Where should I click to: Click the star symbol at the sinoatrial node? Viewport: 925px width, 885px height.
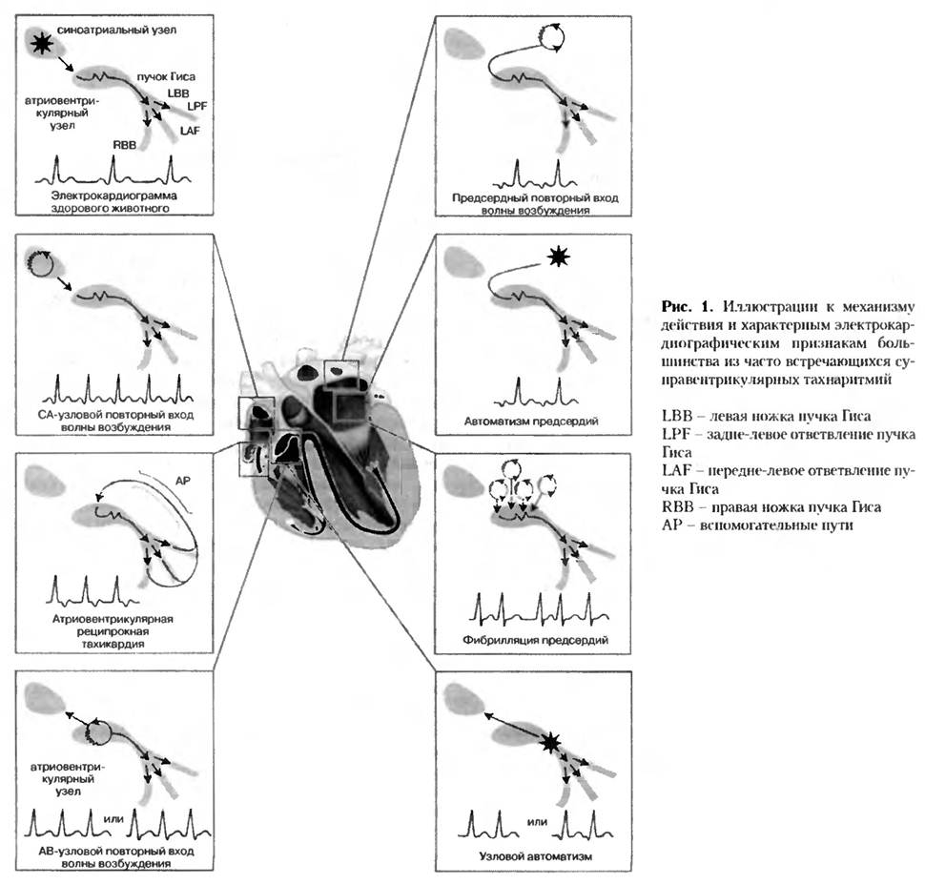click(40, 43)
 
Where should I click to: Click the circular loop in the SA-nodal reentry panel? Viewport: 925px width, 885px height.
click(41, 262)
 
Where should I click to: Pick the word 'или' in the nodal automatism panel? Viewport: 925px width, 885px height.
click(537, 820)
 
